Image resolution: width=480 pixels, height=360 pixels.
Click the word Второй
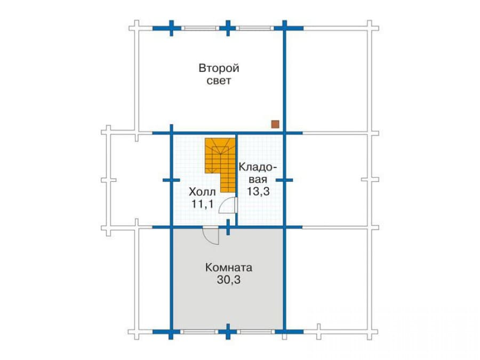pyautogui.click(x=219, y=68)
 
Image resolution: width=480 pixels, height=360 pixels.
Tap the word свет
pyautogui.click(x=219, y=81)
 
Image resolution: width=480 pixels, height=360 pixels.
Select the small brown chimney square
pyautogui.click(x=275, y=124)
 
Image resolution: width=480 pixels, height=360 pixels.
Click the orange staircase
pyautogui.click(x=220, y=165)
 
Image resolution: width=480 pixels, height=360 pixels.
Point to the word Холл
pyautogui.click(x=202, y=192)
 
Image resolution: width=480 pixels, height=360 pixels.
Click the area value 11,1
pyautogui.click(x=202, y=204)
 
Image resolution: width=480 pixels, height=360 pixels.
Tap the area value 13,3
pyautogui.click(x=258, y=191)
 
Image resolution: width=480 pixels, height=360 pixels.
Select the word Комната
pyautogui.click(x=229, y=268)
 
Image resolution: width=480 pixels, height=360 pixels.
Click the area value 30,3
pyautogui.click(x=229, y=279)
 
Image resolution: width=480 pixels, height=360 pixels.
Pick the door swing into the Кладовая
pyautogui.click(x=227, y=205)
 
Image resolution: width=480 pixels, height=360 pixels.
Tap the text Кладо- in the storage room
pyautogui.click(x=258, y=167)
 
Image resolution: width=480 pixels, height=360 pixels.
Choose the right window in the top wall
pyautogui.click(x=255, y=28)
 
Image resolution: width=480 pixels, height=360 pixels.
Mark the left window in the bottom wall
pyautogui.click(x=199, y=332)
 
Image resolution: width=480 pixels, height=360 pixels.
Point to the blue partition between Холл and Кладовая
pyautogui.click(x=236, y=180)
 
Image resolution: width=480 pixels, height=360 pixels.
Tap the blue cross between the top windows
pyautogui.click(x=228, y=28)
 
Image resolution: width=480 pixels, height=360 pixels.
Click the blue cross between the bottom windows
pyautogui.click(x=228, y=332)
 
